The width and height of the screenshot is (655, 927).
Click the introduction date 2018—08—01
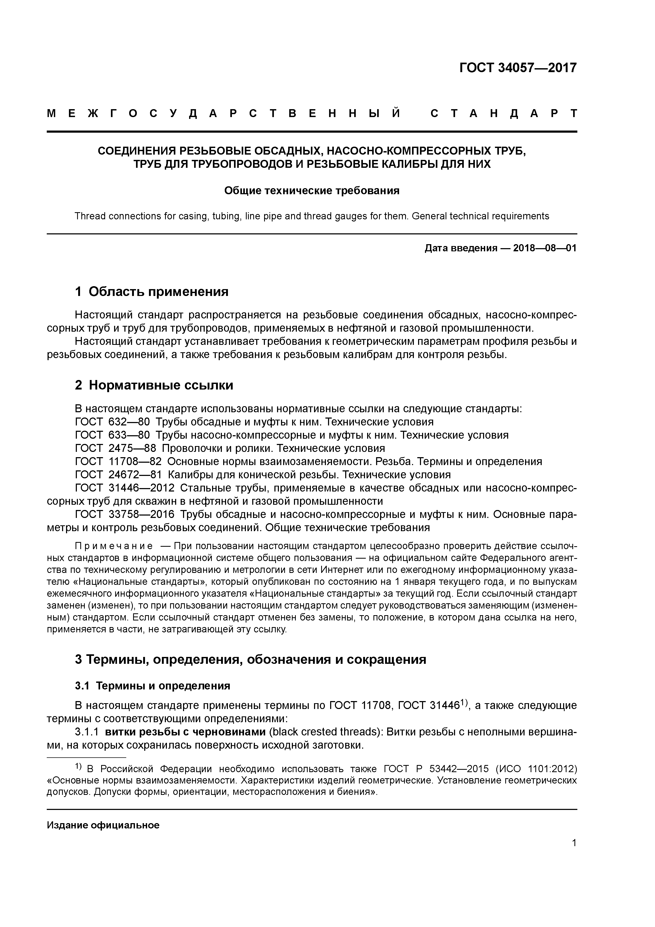544,248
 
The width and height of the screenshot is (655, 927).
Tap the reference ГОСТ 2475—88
115,448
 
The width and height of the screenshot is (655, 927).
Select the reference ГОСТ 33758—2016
125,515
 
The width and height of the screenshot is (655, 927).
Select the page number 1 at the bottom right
574,854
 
